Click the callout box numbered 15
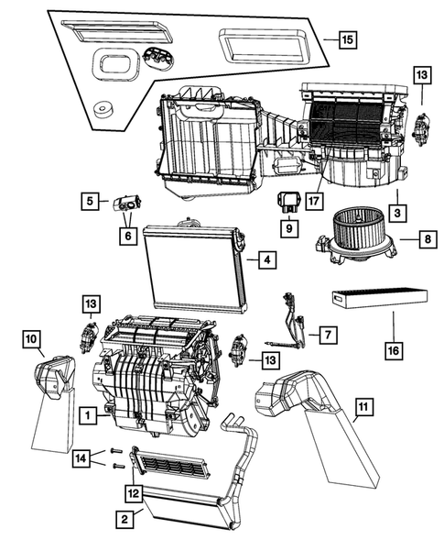(346, 40)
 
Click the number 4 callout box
(264, 261)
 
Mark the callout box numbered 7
(327, 335)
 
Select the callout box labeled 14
(82, 457)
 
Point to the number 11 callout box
(363, 405)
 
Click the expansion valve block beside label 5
(125, 204)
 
